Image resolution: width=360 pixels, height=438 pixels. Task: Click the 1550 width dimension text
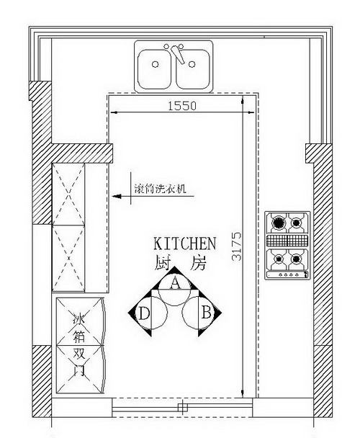point(182,106)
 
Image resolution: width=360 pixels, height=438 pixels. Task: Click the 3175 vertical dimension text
point(237,246)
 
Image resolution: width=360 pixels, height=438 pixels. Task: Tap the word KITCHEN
point(185,243)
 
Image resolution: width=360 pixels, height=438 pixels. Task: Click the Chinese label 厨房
point(181,262)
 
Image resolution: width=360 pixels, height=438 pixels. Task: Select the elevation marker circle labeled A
point(174,290)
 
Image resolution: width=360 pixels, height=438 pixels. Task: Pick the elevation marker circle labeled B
point(198,313)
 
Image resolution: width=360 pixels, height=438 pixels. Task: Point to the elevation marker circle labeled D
point(151,313)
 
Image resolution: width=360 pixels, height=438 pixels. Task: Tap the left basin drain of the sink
point(156,64)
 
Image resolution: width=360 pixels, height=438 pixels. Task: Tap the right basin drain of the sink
point(192,64)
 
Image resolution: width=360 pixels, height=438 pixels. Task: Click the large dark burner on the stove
point(278,223)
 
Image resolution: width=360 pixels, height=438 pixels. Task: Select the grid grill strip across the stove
point(288,240)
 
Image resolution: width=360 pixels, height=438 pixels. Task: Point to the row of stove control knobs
point(288,275)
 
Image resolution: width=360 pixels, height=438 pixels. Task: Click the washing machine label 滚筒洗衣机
point(161,189)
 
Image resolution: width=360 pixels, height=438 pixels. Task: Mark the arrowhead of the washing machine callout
point(117,196)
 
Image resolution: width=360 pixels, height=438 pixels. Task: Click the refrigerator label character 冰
point(78,319)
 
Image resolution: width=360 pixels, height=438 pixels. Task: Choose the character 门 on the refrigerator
point(78,370)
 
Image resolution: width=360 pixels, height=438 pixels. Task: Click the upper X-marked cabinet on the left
point(68,194)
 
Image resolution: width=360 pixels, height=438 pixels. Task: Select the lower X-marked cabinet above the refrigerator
point(68,259)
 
